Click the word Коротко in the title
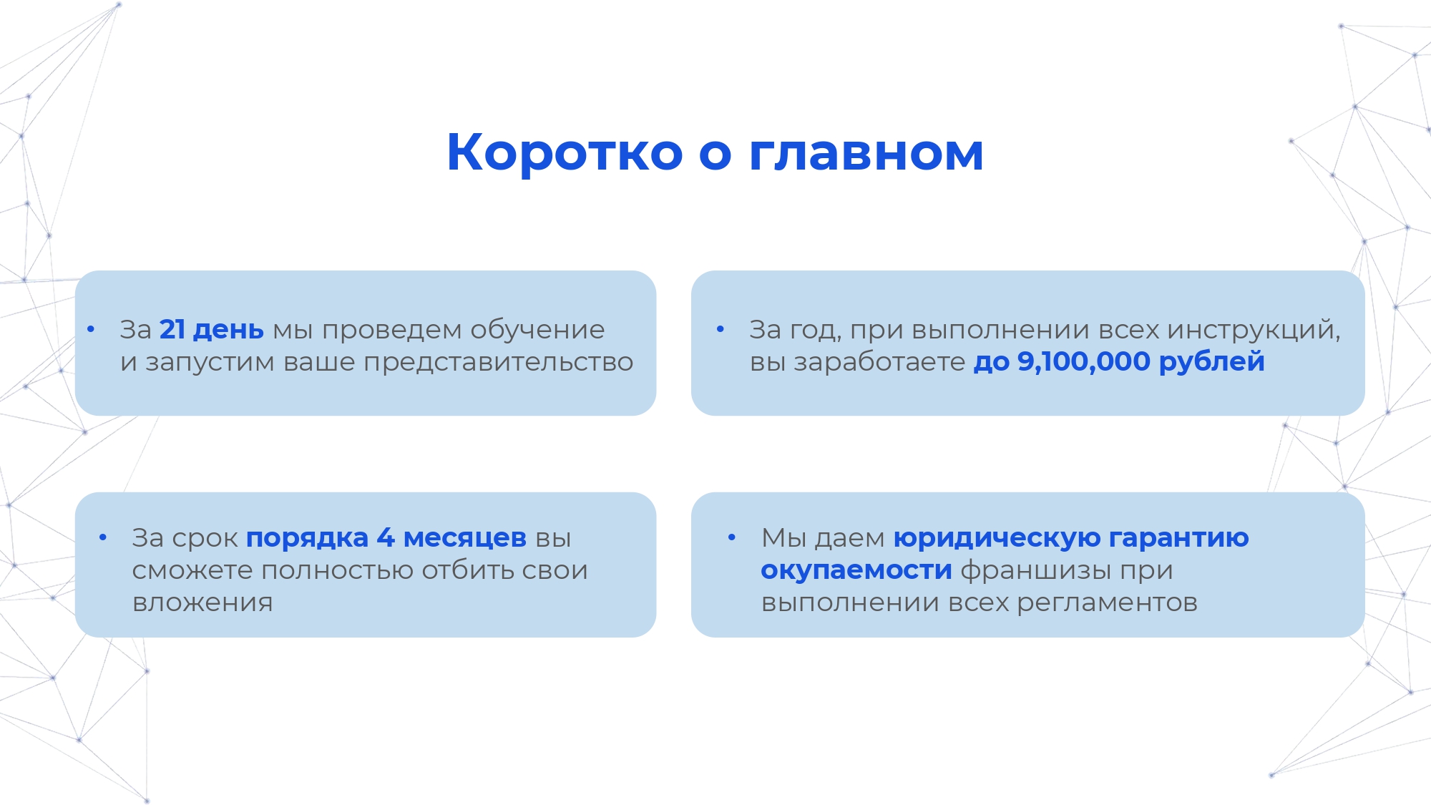click(x=565, y=152)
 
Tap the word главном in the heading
click(x=866, y=152)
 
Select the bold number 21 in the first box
click(x=172, y=329)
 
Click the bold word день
click(x=228, y=329)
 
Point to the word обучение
click(x=537, y=330)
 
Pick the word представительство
click(x=498, y=362)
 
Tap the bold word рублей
click(x=1211, y=361)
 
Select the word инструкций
click(x=1253, y=330)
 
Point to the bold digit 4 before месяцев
click(x=385, y=537)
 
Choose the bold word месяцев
click(x=464, y=537)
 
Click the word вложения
click(x=202, y=602)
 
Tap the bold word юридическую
click(x=997, y=537)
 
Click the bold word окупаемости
click(x=856, y=570)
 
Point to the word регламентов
click(x=1107, y=602)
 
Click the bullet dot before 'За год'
click(x=721, y=329)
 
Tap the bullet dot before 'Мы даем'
click(x=731, y=537)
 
